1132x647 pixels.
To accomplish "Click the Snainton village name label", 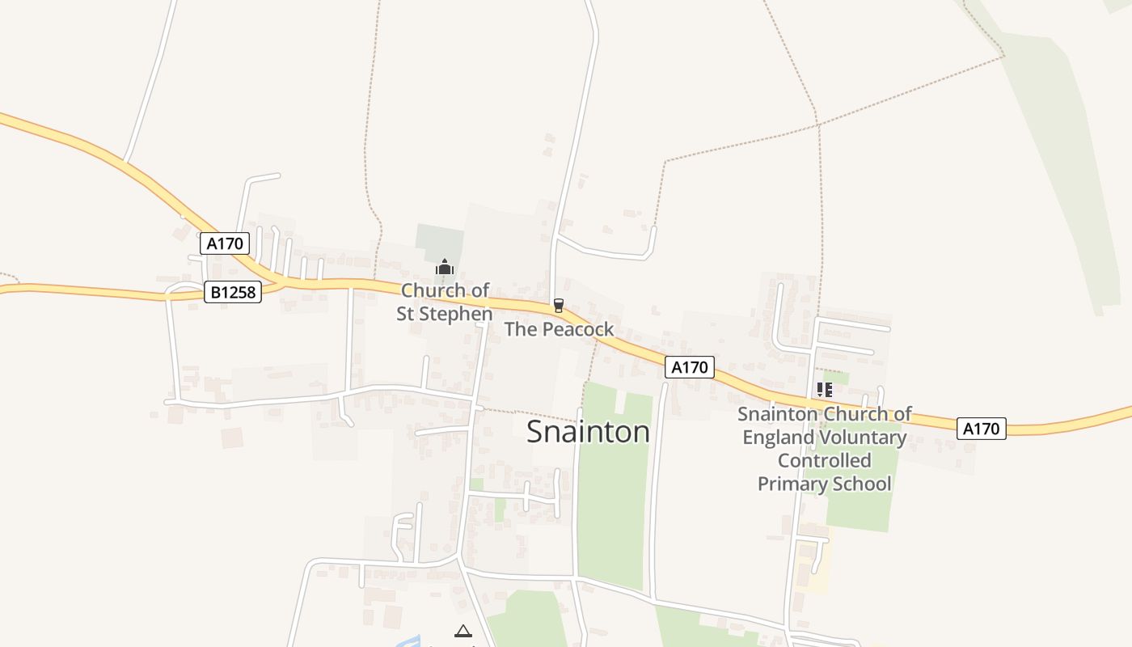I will pos(588,432).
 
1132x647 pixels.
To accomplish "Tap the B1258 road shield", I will pos(233,292).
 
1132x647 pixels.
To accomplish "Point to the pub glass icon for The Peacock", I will pos(558,305).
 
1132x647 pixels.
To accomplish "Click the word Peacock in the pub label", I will pos(578,329).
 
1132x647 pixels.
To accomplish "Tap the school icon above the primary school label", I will pos(824,390).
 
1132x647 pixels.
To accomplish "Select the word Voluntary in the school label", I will pos(863,438).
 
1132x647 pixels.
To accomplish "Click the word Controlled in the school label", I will pos(824,461).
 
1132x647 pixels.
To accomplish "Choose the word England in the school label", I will pos(779,438).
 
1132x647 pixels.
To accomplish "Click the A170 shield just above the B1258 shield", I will pos(225,243).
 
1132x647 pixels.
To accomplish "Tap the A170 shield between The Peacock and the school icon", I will pos(690,367).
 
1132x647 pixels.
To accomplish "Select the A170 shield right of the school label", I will pos(982,429).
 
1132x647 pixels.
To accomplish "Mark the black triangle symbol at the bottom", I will pos(463,632).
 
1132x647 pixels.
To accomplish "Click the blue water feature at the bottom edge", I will pos(408,641).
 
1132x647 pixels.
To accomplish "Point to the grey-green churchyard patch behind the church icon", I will pos(440,240).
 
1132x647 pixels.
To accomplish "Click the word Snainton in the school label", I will pos(777,414).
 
